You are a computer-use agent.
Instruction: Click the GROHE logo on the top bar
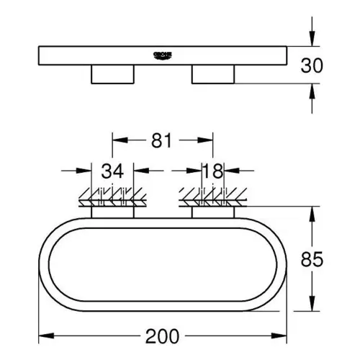coord(163,55)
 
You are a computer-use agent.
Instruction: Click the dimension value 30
coord(312,66)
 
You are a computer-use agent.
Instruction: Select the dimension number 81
coord(161,140)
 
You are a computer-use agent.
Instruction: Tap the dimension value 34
coord(112,171)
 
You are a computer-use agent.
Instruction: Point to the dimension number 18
coord(212,171)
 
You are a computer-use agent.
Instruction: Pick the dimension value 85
coord(312,259)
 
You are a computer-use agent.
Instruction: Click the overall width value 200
coord(162,336)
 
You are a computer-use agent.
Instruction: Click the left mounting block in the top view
coord(112,74)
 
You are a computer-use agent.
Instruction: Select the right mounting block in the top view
coord(213,74)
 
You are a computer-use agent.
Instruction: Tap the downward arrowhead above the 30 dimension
coord(312,38)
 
